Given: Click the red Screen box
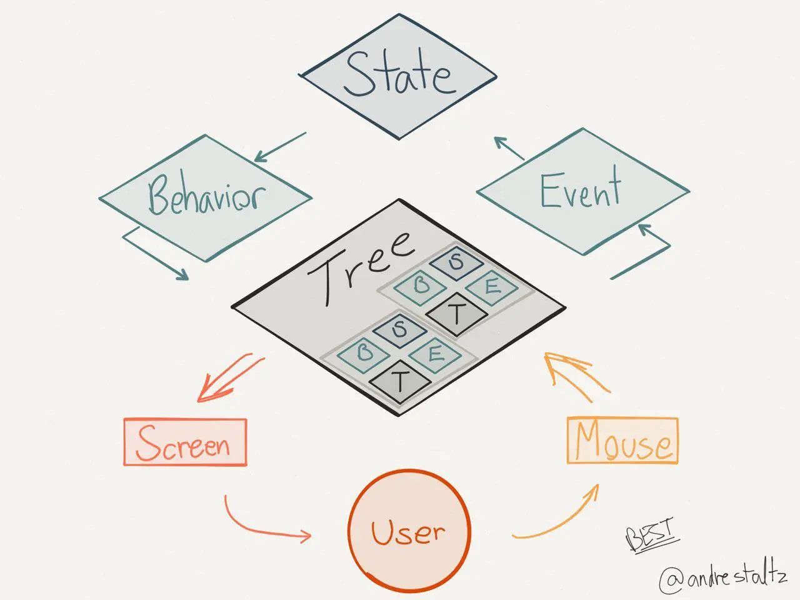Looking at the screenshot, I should point(185,442).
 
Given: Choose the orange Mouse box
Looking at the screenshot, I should point(622,441).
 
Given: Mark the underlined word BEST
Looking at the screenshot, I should point(651,536).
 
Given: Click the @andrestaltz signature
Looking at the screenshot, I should point(722,578).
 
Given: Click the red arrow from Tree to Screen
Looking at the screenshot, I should point(229,379).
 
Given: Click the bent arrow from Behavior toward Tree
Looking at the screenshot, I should point(156,253).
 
